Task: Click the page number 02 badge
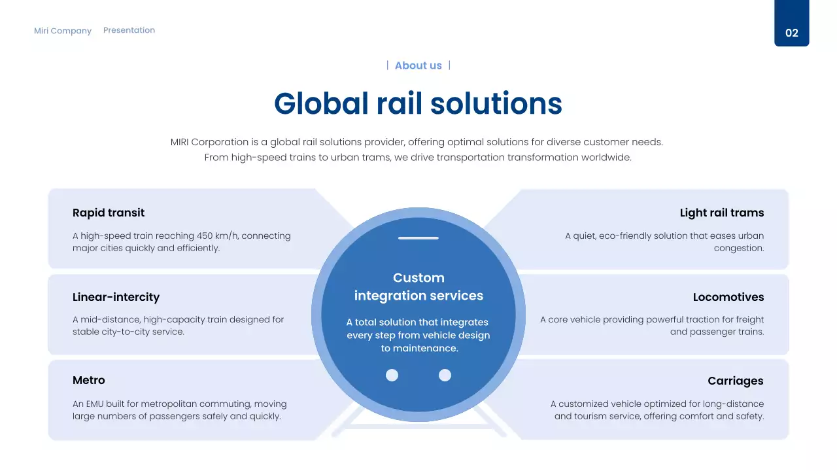791,33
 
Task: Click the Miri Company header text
63,31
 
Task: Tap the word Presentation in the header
129,30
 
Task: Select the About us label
418,65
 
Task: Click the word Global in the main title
321,103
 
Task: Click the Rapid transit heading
109,213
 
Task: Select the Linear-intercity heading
116,297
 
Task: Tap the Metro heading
89,380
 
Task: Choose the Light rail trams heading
721,213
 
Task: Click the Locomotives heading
728,297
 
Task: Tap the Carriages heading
735,381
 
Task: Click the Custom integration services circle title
418,287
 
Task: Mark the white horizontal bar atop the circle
418,238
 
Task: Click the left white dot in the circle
392,375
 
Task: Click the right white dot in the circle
445,375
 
